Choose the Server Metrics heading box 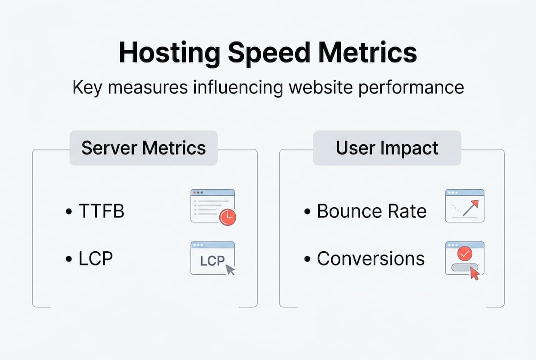[x=143, y=148]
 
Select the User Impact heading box [x=387, y=148]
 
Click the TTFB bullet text [x=101, y=211]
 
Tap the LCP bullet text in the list [x=96, y=258]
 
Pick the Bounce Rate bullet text [x=372, y=211]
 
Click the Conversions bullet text [x=371, y=258]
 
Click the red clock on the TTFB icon [x=228, y=217]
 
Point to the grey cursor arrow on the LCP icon [x=230, y=270]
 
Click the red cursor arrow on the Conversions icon [x=474, y=273]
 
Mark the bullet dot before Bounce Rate [x=308, y=212]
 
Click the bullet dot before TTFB [x=68, y=212]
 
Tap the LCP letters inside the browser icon [x=212, y=261]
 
